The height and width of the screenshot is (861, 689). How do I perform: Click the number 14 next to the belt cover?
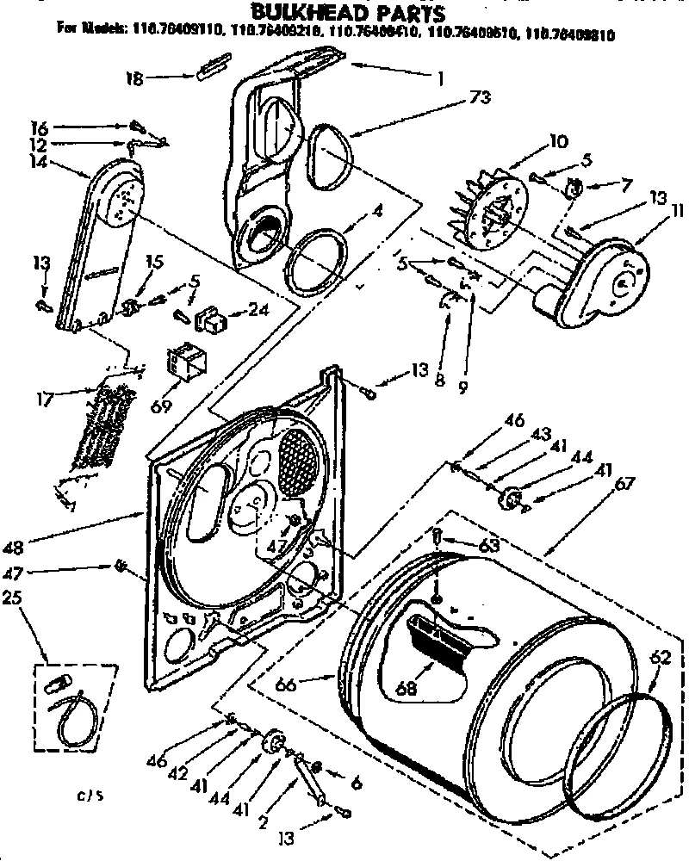pos(38,159)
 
